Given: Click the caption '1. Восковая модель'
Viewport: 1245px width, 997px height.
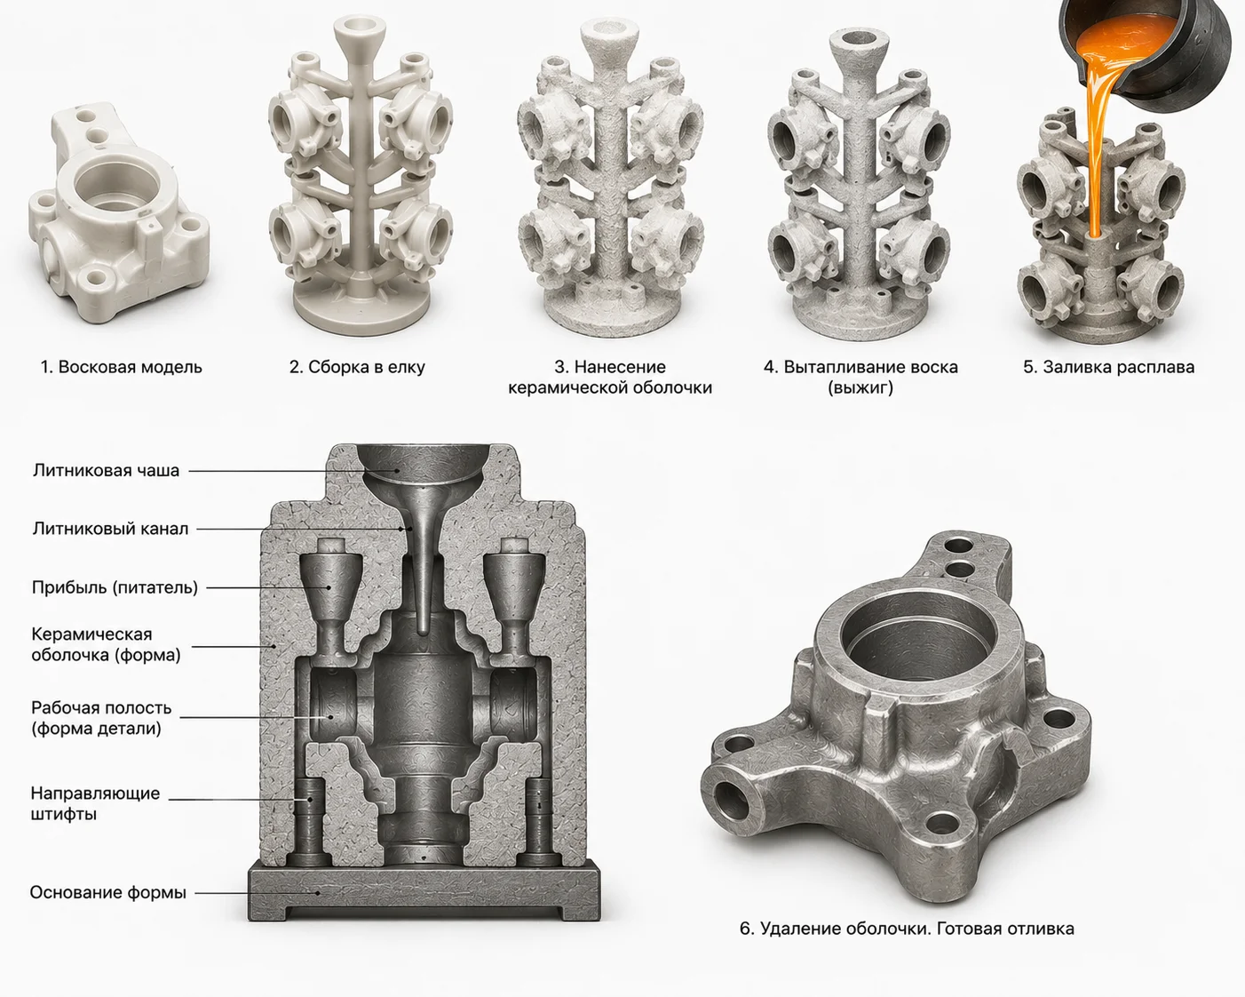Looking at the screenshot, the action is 122,367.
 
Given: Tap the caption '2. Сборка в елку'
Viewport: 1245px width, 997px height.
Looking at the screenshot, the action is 357,367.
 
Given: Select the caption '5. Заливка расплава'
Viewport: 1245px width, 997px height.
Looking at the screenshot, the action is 1108,367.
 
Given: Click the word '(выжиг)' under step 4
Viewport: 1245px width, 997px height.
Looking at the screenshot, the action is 860,388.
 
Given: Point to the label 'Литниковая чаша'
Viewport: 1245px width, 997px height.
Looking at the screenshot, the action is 106,470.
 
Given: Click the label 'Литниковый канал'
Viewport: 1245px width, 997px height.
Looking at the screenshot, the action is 110,529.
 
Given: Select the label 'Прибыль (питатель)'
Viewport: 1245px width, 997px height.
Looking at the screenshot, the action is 115,587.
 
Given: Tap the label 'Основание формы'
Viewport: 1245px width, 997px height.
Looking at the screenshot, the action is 107,892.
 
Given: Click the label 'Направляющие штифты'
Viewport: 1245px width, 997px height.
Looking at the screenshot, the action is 95,803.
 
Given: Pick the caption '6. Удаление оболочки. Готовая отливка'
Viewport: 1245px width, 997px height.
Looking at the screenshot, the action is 907,928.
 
